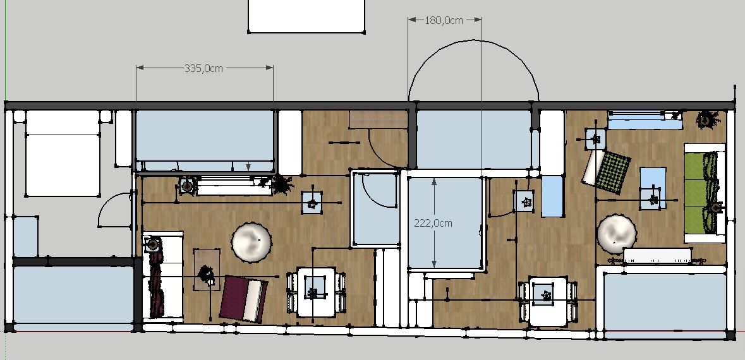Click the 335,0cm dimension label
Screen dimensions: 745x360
point(203,68)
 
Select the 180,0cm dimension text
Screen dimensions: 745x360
point(444,20)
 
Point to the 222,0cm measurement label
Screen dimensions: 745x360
point(433,223)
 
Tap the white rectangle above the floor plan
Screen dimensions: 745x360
point(306,16)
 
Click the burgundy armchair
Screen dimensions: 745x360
point(244,299)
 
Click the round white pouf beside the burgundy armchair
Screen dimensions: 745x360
point(252,243)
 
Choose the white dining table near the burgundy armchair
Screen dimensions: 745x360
point(315,292)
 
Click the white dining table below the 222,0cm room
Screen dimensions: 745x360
point(547,301)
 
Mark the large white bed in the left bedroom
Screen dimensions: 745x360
point(63,153)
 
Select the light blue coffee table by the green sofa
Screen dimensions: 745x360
point(653,188)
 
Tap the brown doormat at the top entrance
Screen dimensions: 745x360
point(379,119)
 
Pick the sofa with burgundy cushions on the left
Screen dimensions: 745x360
point(162,277)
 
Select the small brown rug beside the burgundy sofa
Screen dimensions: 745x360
point(207,269)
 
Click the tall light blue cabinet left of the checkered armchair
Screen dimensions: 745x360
point(552,196)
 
